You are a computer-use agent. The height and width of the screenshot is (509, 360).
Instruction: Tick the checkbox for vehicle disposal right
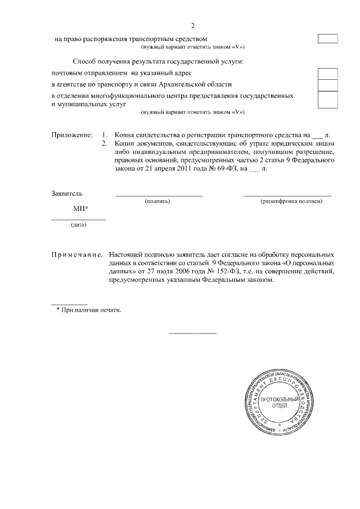pos(328,39)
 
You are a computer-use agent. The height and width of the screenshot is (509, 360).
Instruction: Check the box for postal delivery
pos(328,74)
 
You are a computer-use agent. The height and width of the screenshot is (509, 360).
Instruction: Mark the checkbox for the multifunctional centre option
pos(328,100)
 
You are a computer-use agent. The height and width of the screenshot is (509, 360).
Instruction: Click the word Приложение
pos(71,136)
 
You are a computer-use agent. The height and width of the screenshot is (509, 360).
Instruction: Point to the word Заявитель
pos(67,193)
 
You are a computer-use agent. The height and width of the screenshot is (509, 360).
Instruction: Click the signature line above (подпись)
pos(158,196)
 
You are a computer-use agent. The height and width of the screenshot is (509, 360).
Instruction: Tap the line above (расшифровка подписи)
pos(287,196)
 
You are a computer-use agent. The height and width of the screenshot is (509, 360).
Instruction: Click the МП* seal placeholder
pos(81,209)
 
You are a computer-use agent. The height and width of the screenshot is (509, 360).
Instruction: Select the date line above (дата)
pos(78,219)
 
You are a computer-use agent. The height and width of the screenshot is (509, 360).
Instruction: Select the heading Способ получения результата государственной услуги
pos(161,61)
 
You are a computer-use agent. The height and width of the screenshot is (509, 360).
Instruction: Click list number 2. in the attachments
pos(103,143)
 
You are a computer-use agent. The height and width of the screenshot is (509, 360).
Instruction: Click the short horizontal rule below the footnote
pos(192,334)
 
